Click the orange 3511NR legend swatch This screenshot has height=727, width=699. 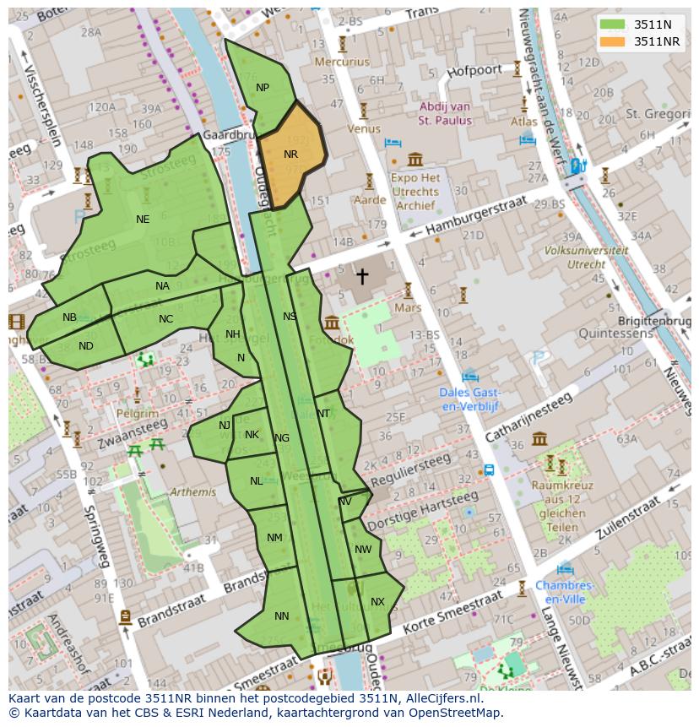point(613,41)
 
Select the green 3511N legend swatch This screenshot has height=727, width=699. point(613,24)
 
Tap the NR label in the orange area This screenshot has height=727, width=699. point(290,155)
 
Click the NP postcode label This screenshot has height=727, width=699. point(263,88)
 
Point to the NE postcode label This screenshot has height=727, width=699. point(143,220)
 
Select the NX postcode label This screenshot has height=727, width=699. point(377,602)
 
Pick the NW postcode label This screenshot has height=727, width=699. point(363,550)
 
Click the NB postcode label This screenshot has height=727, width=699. point(69,317)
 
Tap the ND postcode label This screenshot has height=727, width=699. point(86,346)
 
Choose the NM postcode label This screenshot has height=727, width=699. point(274,538)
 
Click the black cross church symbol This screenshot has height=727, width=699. point(362,275)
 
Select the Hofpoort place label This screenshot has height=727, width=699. point(474,71)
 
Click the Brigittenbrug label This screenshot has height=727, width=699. point(654,322)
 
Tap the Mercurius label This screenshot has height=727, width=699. point(342,62)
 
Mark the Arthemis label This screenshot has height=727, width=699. point(192,492)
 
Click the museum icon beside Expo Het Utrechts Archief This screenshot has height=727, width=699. point(415,160)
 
